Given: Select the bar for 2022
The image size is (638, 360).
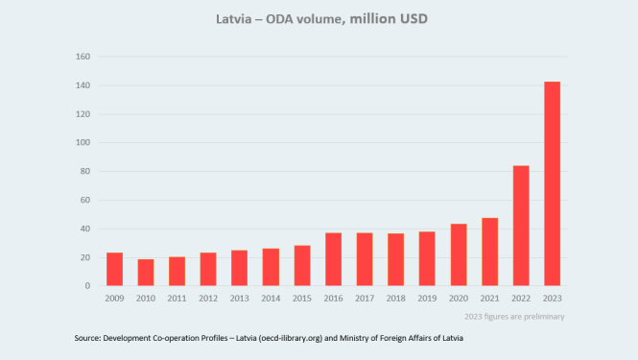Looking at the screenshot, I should tap(520, 226).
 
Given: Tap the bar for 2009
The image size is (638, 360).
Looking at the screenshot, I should tap(114, 269).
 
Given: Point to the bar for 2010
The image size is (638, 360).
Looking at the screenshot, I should tap(146, 273).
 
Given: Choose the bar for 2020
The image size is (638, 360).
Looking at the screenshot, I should tap(458, 254).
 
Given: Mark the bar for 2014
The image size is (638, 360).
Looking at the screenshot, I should tap(271, 267).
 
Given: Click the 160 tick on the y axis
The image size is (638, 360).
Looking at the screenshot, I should tap(83, 57).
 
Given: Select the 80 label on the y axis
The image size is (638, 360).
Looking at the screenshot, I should tap(85, 172).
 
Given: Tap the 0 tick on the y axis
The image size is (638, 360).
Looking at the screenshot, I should tap(88, 286).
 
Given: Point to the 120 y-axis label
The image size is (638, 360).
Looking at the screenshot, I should tap(83, 114).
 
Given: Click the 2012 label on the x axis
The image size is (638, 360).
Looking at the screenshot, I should tap(208, 300).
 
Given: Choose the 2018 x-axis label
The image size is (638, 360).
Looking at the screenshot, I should tap(395, 300).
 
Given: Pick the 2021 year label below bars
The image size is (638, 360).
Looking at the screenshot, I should tap(489, 300).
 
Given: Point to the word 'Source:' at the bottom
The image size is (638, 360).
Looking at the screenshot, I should tap(91, 339).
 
